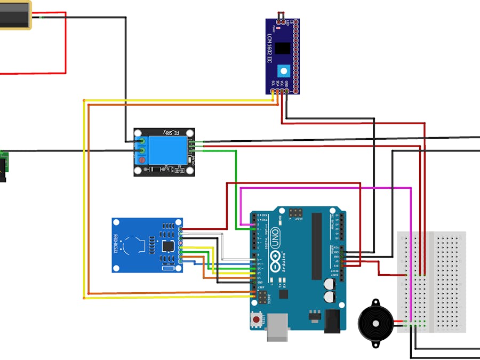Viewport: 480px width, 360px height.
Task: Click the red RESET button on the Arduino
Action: [257, 320]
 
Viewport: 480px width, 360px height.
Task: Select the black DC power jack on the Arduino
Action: [332, 321]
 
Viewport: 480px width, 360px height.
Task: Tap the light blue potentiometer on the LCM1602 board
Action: [284, 70]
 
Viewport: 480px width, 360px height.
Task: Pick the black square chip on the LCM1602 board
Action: [283, 47]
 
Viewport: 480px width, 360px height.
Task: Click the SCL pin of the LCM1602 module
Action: [273, 91]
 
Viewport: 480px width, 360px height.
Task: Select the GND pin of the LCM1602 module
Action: [287, 91]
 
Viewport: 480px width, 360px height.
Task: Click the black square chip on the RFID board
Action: [169, 246]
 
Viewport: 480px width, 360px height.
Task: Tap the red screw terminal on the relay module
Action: [142, 159]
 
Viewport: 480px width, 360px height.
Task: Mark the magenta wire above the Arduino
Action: [325, 188]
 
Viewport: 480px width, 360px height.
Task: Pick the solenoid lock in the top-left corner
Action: [15, 14]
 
